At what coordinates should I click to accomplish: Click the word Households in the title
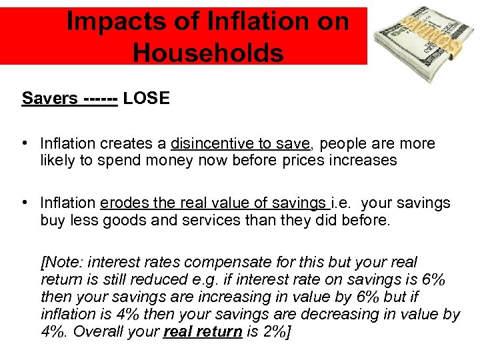[207, 51]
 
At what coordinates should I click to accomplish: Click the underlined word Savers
[50, 99]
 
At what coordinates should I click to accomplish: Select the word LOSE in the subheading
[147, 99]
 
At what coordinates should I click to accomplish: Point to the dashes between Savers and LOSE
[101, 99]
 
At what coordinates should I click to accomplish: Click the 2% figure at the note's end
[275, 331]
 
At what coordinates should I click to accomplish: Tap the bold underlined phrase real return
[203, 331]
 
